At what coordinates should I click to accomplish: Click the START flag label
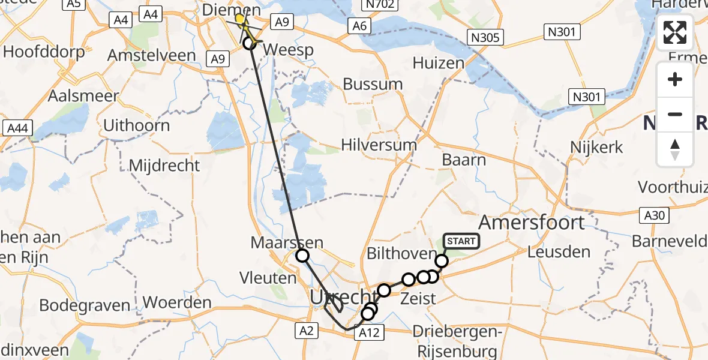tap(461, 241)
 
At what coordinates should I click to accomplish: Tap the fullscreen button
tap(675, 32)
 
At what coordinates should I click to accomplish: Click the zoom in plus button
tap(675, 79)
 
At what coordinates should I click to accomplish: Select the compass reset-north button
tap(675, 149)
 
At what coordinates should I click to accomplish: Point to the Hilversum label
tap(379, 145)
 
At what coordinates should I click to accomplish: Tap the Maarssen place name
tap(287, 243)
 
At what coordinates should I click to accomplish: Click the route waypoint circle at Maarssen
tap(302, 256)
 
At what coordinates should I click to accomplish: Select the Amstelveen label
tap(151, 56)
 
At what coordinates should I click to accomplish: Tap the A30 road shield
tap(656, 215)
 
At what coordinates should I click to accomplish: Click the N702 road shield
tap(380, 5)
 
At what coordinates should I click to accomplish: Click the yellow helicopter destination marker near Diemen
tap(241, 19)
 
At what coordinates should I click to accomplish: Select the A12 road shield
tap(368, 332)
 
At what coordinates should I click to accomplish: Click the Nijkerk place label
tap(598, 147)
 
